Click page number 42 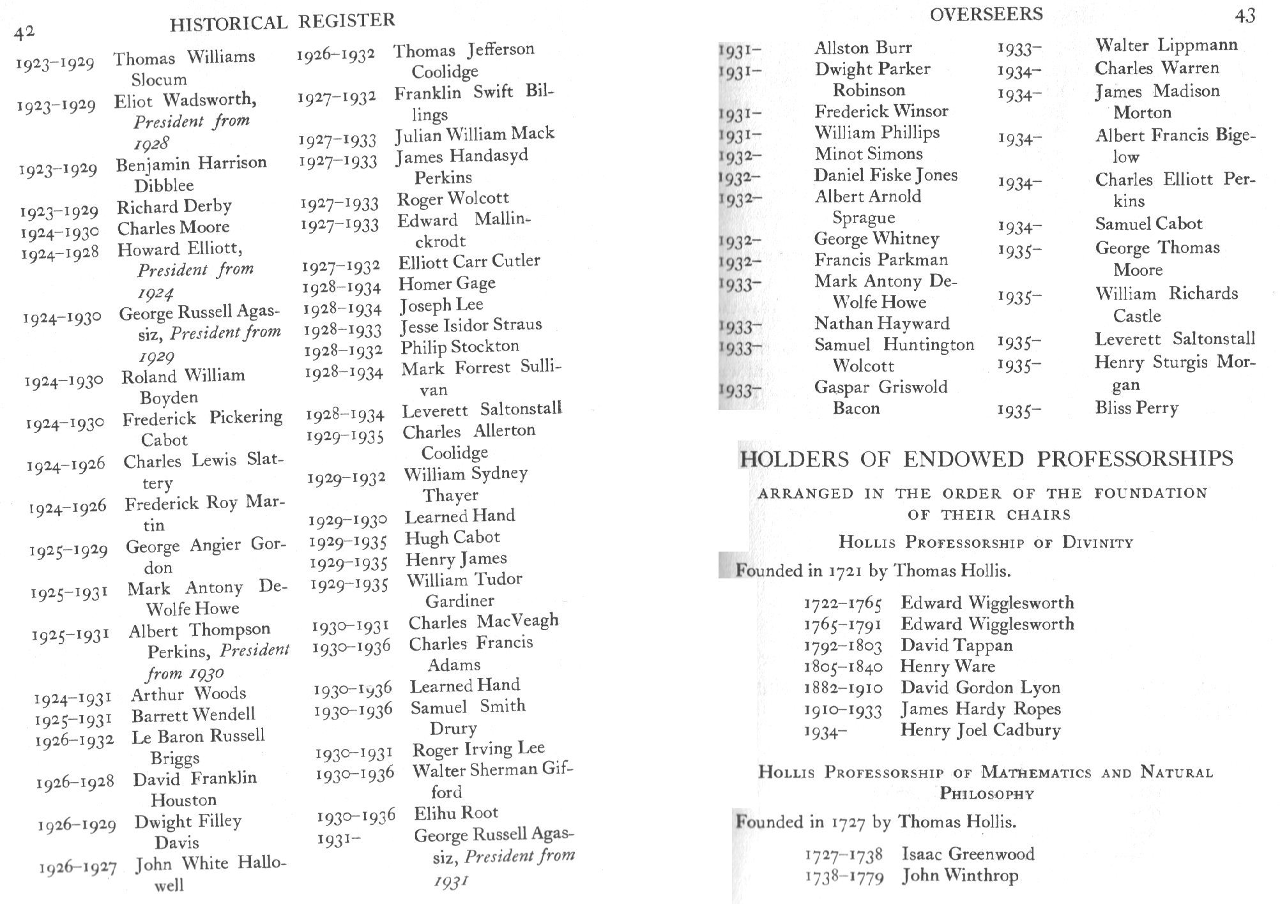pyautogui.click(x=24, y=32)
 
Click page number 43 pyautogui.click(x=1245, y=15)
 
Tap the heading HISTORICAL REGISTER pyautogui.click(x=282, y=22)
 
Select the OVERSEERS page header pyautogui.click(x=986, y=14)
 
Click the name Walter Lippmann pyautogui.click(x=1166, y=45)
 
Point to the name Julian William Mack pyautogui.click(x=475, y=134)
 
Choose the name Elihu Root pyautogui.click(x=456, y=813)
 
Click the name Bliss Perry pyautogui.click(x=1137, y=407)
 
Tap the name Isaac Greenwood pyautogui.click(x=968, y=854)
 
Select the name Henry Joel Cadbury pyautogui.click(x=980, y=730)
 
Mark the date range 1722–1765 pyautogui.click(x=842, y=603)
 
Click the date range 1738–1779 pyautogui.click(x=844, y=877)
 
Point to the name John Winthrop pyautogui.click(x=960, y=875)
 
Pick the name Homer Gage pyautogui.click(x=447, y=283)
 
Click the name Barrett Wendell pyautogui.click(x=194, y=715)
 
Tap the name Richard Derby pyautogui.click(x=174, y=206)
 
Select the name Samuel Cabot pyautogui.click(x=1148, y=223)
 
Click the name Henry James pyautogui.click(x=457, y=559)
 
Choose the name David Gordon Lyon pyautogui.click(x=980, y=688)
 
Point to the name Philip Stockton pyautogui.click(x=460, y=347)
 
